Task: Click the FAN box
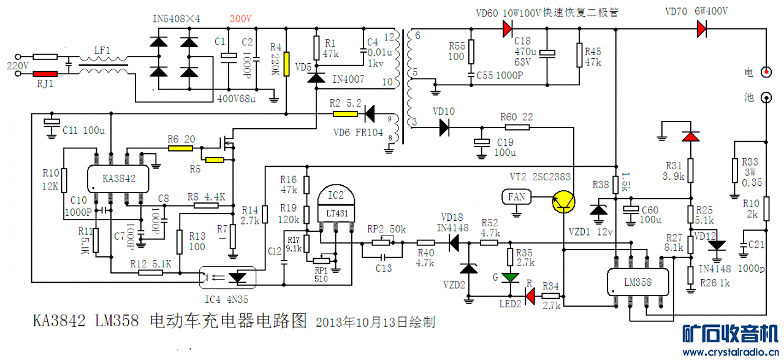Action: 516,197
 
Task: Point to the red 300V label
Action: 240,19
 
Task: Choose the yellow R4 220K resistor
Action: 286,62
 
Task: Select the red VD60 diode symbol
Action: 507,28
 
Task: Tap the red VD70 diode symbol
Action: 701,28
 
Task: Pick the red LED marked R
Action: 530,297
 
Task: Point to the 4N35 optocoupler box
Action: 227,277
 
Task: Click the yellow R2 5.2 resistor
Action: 345,113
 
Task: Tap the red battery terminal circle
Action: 766,72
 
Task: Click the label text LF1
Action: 102,50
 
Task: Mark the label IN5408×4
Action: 176,19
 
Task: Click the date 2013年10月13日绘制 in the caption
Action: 375,321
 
